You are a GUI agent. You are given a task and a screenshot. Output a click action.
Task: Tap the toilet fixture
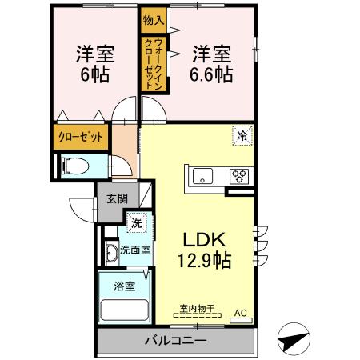tap(77, 166)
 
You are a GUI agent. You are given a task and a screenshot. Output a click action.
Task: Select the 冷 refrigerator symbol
tap(242, 136)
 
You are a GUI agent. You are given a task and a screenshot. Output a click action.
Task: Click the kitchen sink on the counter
tap(201, 176)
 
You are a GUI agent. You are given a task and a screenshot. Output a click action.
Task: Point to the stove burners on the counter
tap(239, 176)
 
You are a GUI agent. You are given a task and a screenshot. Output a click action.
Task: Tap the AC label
tap(241, 314)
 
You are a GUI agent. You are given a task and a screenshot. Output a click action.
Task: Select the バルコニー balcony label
tap(175, 341)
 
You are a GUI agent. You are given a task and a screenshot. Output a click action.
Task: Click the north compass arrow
tap(293, 339)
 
